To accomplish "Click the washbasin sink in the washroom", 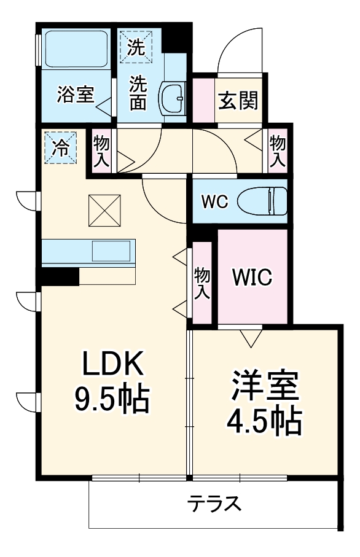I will click(174, 97).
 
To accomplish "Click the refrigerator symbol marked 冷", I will click(61, 147).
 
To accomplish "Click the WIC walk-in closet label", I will click(251, 278).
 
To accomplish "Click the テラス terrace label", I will click(213, 504).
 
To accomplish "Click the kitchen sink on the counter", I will click(111, 251).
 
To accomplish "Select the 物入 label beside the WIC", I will click(201, 282).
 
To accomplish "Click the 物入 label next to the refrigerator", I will click(101, 152).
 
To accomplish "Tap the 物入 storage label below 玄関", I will click(278, 151).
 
